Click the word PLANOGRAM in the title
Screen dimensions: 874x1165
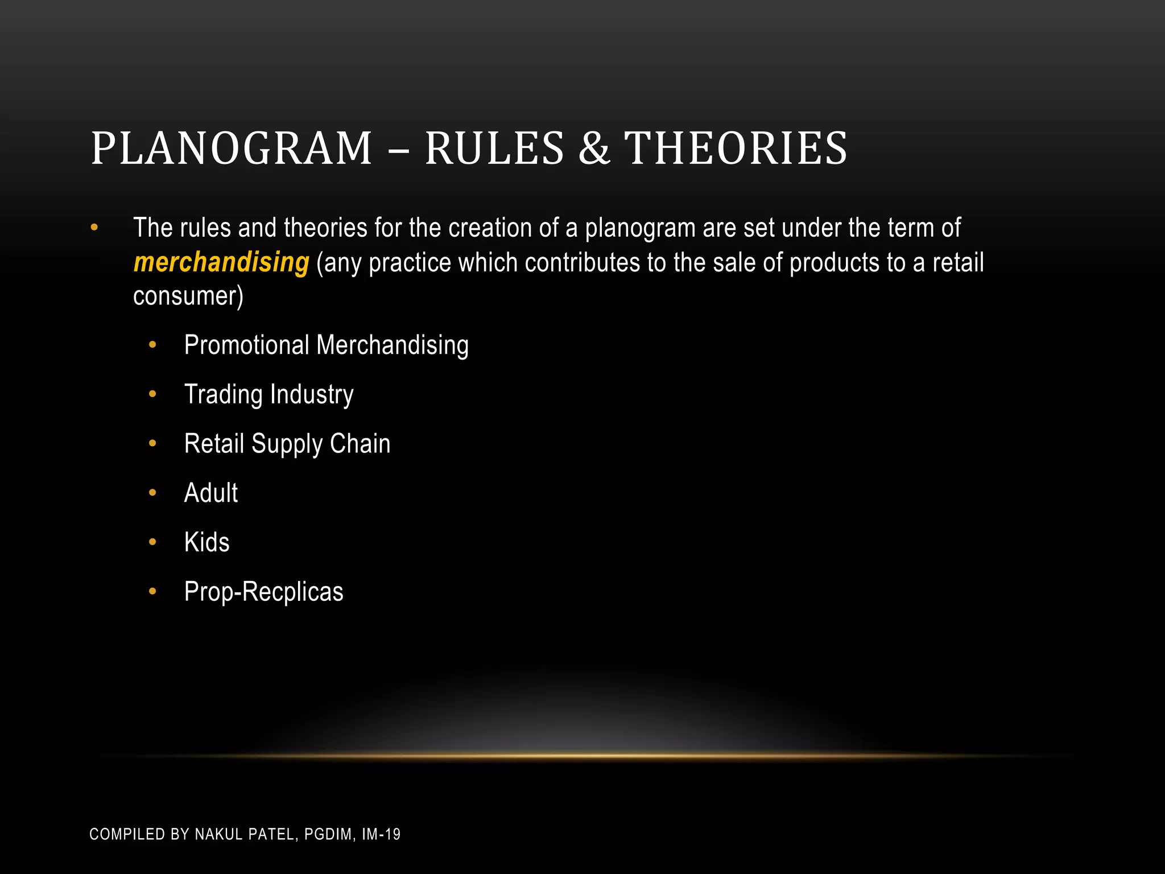[x=231, y=149]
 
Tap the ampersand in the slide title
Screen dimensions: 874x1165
[x=594, y=149]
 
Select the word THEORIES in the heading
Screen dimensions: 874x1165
[x=736, y=149]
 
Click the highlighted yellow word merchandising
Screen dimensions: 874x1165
[x=221, y=262]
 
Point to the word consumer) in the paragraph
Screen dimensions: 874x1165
[x=188, y=296]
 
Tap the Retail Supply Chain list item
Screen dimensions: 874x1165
[x=287, y=444]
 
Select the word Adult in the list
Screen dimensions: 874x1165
[x=210, y=493]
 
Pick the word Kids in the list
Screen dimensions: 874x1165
[x=206, y=542]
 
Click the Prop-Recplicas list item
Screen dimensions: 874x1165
[x=263, y=592]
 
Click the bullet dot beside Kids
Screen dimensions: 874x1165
[x=152, y=542]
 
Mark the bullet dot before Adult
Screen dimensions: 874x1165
[x=152, y=493]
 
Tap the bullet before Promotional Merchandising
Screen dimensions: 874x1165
[x=152, y=345]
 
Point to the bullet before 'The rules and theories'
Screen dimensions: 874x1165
[x=94, y=228]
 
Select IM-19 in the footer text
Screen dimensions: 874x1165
[x=381, y=834]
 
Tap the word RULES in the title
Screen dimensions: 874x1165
[x=494, y=149]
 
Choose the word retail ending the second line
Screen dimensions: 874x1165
[x=958, y=263]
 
